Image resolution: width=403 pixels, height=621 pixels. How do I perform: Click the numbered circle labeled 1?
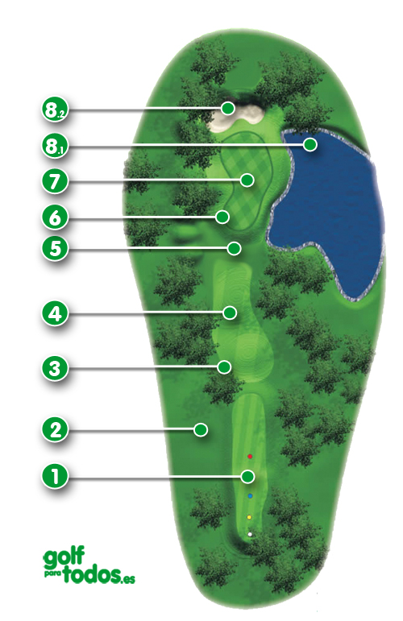tap(54, 476)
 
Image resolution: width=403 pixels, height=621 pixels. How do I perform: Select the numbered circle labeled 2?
tap(54, 429)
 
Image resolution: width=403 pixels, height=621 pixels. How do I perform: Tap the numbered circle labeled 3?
tap(54, 370)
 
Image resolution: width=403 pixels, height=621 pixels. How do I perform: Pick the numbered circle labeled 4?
tap(54, 313)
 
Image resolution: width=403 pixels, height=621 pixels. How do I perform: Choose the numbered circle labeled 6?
tap(54, 217)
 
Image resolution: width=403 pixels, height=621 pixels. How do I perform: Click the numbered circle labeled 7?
tap(54, 180)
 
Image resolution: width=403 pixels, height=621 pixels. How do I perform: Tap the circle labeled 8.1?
tap(54, 147)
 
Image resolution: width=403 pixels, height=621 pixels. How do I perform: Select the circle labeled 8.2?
tap(54, 110)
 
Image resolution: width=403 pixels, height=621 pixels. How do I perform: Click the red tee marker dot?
tap(250, 457)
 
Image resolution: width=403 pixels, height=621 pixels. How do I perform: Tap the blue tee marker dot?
tap(250, 496)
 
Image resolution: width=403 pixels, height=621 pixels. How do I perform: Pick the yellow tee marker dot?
tap(250, 517)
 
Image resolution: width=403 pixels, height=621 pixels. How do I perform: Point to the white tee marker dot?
tap(251, 533)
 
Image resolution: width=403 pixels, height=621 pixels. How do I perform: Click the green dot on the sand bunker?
tap(228, 108)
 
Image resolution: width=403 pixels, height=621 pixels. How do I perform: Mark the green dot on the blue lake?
tap(310, 144)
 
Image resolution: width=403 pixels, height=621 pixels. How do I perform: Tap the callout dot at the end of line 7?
tap(249, 180)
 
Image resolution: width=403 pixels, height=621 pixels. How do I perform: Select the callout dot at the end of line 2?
tap(200, 429)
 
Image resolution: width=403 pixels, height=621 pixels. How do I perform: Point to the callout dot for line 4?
tap(231, 312)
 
